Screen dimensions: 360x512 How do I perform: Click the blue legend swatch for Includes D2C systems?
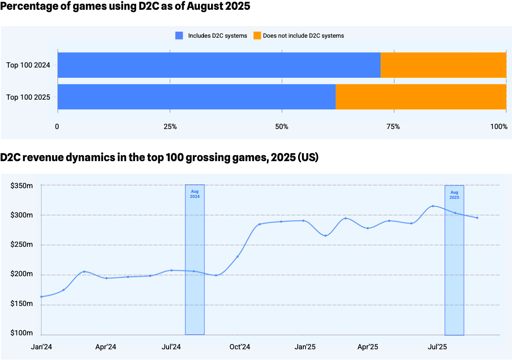[179, 35]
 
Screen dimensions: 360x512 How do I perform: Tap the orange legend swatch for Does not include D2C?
[257, 35]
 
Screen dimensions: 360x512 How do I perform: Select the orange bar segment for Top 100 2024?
[443, 65]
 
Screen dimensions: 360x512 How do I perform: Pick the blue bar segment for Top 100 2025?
[196, 97]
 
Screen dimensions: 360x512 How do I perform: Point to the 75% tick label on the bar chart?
[394, 127]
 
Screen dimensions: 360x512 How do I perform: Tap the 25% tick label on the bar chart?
[170, 127]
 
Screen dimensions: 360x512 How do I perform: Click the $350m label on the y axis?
[22, 186]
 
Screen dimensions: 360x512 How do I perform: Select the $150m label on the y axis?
[22, 304]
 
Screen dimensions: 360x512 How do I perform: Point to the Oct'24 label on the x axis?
[240, 347]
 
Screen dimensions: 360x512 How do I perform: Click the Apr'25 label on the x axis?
[368, 347]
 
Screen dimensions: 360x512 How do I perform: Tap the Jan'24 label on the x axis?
[41, 347]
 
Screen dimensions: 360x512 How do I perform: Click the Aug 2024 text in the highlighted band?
[195, 194]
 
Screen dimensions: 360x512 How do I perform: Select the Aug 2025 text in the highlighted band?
[454, 195]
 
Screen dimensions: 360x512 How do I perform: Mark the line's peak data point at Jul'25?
[433, 206]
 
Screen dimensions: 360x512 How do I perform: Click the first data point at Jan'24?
[41, 297]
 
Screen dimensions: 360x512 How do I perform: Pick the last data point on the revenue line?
[477, 218]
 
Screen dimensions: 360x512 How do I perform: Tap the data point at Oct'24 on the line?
[238, 257]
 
